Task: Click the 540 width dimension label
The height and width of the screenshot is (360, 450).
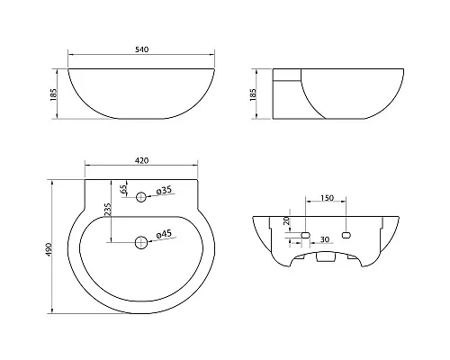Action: point(140,50)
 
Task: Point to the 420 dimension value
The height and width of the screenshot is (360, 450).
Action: point(140,160)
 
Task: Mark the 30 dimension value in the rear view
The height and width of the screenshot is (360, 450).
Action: point(324,239)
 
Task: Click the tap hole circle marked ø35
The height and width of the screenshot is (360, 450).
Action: point(141,196)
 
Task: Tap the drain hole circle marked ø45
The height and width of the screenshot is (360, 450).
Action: point(141,240)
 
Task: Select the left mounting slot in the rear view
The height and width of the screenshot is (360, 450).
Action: point(306,234)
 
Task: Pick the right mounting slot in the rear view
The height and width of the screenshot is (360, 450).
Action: point(346,234)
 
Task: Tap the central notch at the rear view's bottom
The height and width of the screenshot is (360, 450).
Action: point(326,258)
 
